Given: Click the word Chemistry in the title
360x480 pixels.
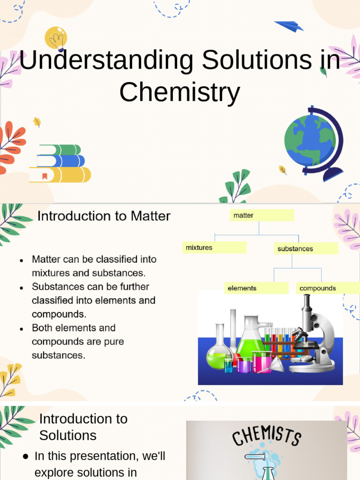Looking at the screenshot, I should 180,92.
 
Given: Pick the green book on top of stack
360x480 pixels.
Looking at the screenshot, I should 60,150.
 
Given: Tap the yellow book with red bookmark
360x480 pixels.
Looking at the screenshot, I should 60,175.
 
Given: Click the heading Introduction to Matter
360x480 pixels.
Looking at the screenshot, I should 104,216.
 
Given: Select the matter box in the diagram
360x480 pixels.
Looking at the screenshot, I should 262,216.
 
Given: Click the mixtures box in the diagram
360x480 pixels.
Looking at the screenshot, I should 214,247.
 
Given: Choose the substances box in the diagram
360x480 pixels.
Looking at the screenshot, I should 306,248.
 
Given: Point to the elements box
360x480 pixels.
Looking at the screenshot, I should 256,288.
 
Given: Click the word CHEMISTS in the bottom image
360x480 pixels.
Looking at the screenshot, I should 266,437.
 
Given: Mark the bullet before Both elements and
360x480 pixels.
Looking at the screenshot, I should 22,329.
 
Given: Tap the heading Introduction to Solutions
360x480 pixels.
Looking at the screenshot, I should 83,427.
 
